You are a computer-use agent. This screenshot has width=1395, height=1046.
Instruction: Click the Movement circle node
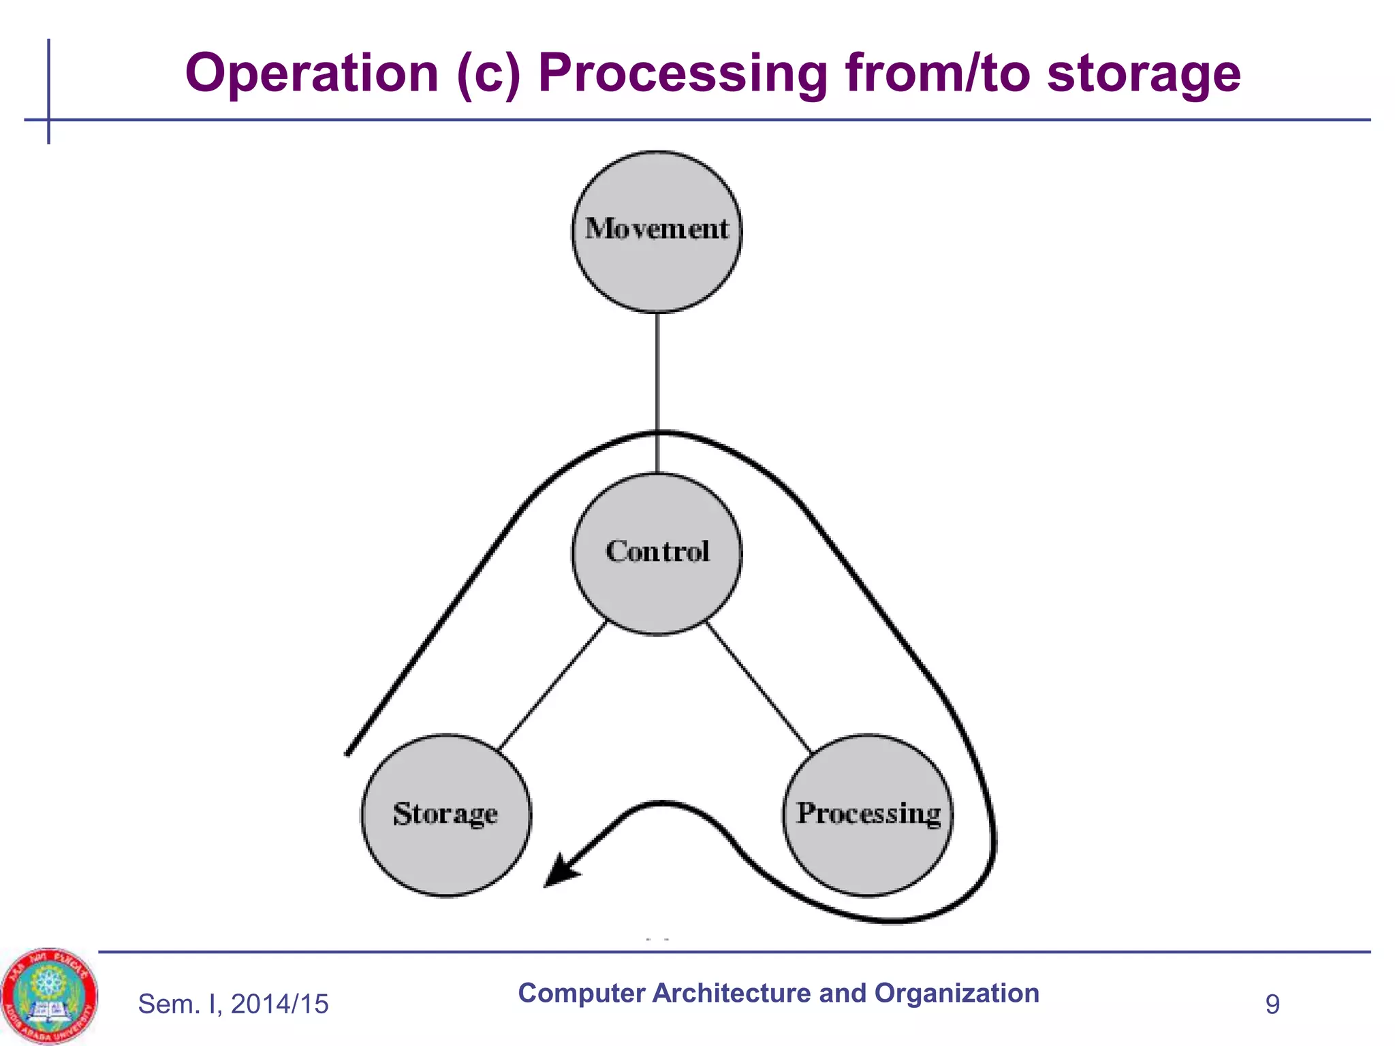tap(657, 232)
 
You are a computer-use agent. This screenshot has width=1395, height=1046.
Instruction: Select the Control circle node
tap(657, 554)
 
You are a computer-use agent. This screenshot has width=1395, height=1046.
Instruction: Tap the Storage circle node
tap(445, 815)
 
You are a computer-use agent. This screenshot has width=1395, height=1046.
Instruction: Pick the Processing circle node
tap(867, 815)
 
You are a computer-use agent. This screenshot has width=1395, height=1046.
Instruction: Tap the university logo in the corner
tap(49, 996)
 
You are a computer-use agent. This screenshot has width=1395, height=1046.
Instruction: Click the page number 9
tap(1272, 1004)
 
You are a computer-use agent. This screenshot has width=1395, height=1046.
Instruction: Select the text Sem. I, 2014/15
tap(233, 1004)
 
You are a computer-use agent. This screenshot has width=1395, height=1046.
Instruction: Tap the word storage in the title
tap(1143, 73)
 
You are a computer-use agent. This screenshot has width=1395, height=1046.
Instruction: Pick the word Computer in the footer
tap(580, 993)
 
